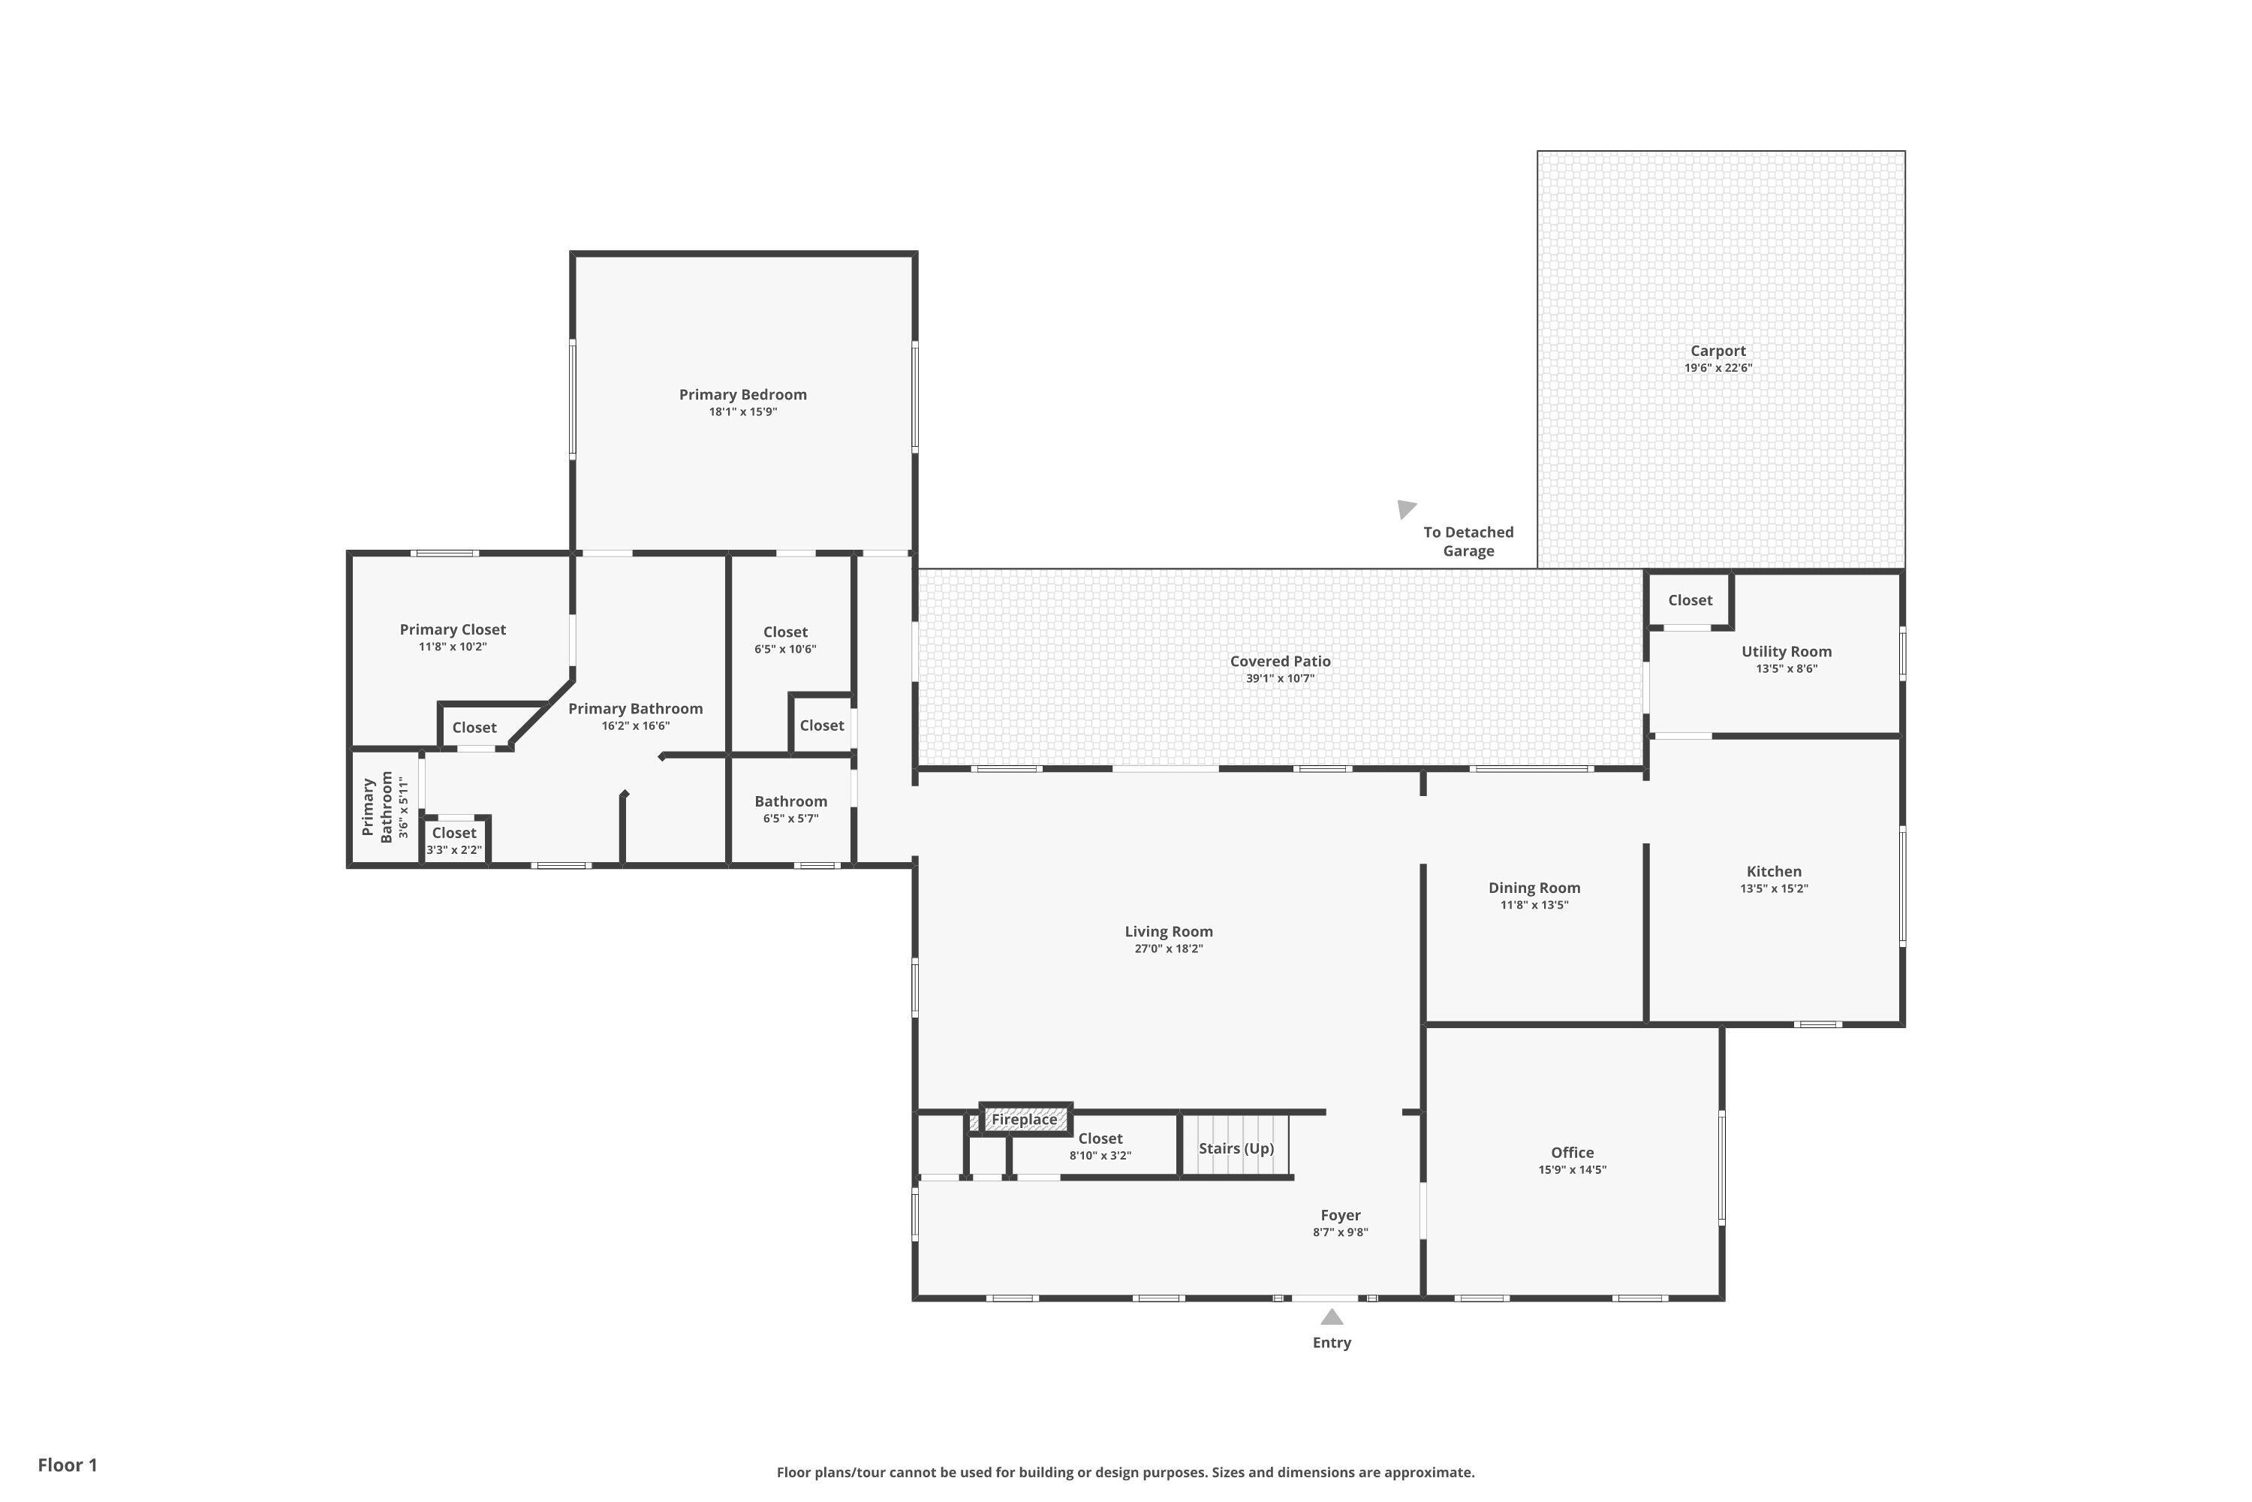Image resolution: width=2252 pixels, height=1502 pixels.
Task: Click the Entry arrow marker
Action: [x=1332, y=1317]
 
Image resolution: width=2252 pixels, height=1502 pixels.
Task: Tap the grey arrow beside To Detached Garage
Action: [x=1404, y=508]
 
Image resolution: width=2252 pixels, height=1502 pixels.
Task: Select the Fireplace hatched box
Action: [x=1025, y=1119]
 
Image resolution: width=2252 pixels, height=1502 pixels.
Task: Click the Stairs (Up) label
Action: [x=1236, y=1148]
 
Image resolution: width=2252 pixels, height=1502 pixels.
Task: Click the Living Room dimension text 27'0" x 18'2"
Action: [x=1168, y=949]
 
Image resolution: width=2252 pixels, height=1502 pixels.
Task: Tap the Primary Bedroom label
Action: [x=742, y=395]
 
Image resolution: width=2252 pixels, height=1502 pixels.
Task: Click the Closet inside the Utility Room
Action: [x=1689, y=601]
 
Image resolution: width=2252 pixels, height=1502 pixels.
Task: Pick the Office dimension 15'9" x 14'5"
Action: [x=1572, y=1169]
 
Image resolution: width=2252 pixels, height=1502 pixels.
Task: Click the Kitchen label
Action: [x=1773, y=872]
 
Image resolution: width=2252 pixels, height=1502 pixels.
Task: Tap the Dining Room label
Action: [x=1534, y=888]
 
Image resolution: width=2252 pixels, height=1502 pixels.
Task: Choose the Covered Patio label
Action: [x=1279, y=661]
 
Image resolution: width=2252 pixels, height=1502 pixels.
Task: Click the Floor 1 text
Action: [x=67, y=1464]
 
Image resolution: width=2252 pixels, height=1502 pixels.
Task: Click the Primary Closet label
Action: [x=452, y=629]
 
